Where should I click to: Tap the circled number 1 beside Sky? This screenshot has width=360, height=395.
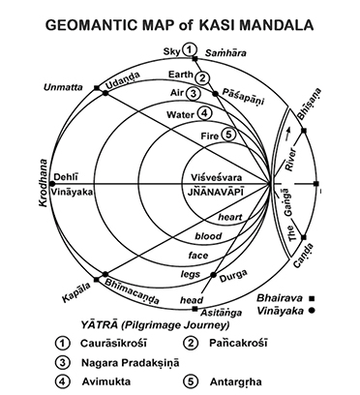pos(191,50)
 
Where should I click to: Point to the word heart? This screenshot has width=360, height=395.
pos(228,218)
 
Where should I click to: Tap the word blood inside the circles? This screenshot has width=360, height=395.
pos(208,236)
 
